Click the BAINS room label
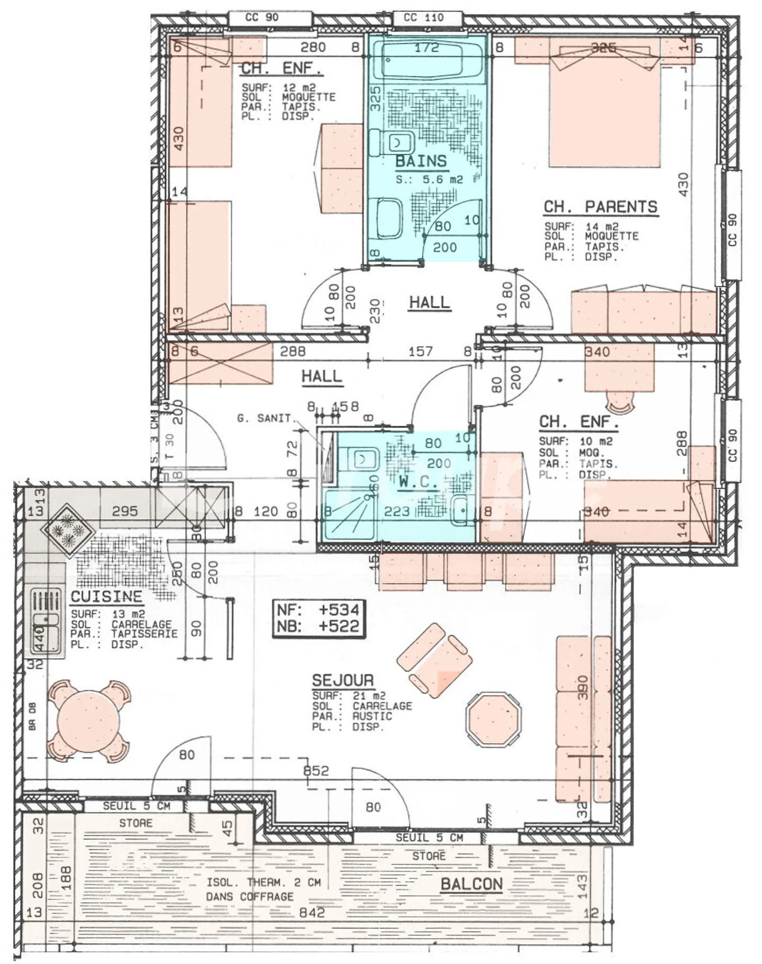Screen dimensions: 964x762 (x=421, y=161)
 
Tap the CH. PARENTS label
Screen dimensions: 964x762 (x=600, y=207)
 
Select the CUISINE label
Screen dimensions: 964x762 (x=106, y=597)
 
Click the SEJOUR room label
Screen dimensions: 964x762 (x=343, y=680)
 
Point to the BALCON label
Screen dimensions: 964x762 (x=471, y=884)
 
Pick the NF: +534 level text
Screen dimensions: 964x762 (x=318, y=609)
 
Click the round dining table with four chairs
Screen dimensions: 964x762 (x=88, y=720)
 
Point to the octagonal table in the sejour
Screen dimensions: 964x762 (x=493, y=718)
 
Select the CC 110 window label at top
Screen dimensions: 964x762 (x=423, y=17)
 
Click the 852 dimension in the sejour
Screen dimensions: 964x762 (x=316, y=771)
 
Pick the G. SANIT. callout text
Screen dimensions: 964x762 (x=264, y=418)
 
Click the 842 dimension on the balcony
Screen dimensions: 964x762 (x=312, y=912)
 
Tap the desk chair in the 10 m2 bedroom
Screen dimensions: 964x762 (x=620, y=402)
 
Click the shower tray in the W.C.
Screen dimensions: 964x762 (x=349, y=515)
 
